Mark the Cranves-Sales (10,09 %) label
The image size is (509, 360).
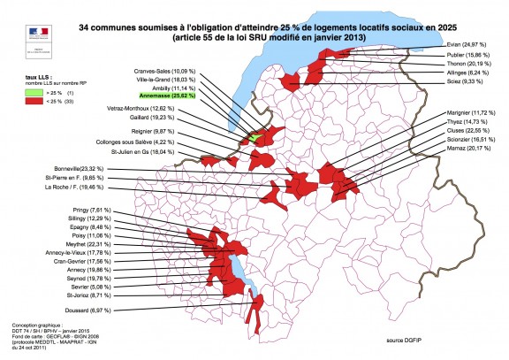pos(167,69)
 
